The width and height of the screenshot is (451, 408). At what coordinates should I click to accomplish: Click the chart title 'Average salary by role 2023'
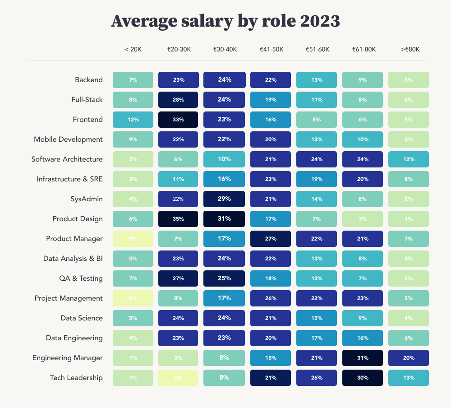click(x=225, y=21)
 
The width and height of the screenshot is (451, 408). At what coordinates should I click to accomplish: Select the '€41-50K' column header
click(x=271, y=49)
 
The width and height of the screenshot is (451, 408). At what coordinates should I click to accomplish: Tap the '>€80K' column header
click(x=409, y=49)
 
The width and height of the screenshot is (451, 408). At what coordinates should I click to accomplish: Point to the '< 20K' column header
click(x=133, y=49)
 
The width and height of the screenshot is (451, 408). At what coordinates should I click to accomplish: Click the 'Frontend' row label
click(x=87, y=120)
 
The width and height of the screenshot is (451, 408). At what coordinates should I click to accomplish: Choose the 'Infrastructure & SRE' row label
click(x=69, y=179)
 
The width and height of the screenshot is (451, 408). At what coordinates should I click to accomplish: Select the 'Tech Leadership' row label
click(x=76, y=378)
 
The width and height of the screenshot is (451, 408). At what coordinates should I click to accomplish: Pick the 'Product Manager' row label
click(x=74, y=239)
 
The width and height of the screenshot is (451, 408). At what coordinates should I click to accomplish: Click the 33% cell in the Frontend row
click(x=179, y=120)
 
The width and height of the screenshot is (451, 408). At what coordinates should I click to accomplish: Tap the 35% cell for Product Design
click(x=179, y=219)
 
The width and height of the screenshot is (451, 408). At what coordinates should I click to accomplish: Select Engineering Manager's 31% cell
click(x=363, y=358)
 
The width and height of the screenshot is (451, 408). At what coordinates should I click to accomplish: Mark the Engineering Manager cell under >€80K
click(x=409, y=358)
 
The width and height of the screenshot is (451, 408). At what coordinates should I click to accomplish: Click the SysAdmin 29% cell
click(x=225, y=199)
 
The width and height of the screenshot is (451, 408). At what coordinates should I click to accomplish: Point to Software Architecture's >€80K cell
click(x=409, y=159)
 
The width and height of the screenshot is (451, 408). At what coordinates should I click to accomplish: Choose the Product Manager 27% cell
click(x=271, y=239)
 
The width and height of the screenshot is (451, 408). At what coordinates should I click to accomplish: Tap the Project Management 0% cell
click(x=133, y=298)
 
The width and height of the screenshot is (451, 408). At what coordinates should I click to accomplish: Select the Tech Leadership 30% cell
click(x=363, y=378)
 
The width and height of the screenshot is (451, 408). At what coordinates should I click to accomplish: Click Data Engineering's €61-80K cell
click(x=363, y=338)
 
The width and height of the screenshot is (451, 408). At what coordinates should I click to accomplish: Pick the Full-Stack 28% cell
click(x=179, y=100)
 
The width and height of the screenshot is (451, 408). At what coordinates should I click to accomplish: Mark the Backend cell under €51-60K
click(x=317, y=80)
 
